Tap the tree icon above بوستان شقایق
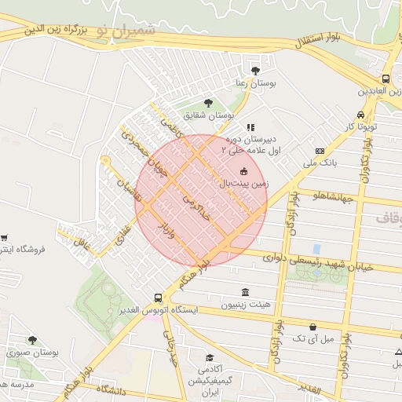coord(207,103)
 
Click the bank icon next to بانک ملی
coord(320,151)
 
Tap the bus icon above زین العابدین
coord(386,79)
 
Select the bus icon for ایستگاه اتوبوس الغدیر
coord(159,298)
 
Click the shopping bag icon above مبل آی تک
coord(313,326)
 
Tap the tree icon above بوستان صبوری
coord(32,340)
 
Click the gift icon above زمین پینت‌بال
coord(243,171)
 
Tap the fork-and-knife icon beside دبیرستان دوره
coord(250,127)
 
